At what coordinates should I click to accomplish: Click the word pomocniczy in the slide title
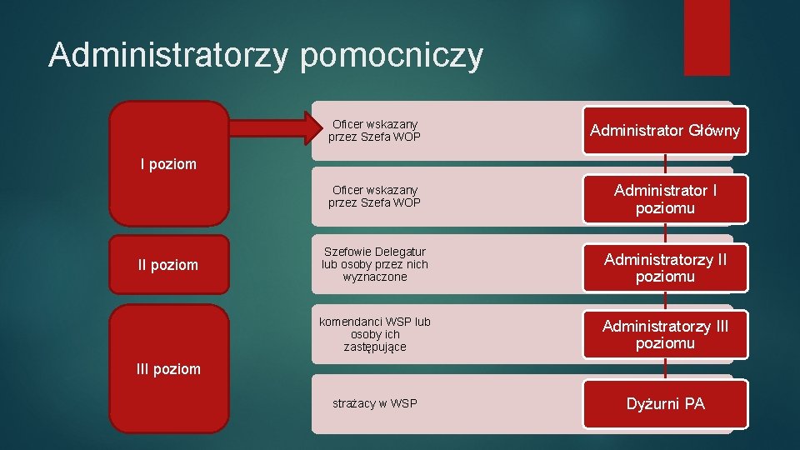(x=392, y=56)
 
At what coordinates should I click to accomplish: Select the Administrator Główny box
(x=665, y=131)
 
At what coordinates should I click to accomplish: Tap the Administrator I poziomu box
(x=665, y=199)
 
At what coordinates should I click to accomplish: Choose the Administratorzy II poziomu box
(x=665, y=267)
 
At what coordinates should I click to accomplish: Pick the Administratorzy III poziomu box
(x=665, y=334)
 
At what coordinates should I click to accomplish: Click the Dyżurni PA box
(x=665, y=404)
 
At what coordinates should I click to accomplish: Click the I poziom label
(x=168, y=164)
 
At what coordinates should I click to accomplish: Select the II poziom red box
(x=168, y=265)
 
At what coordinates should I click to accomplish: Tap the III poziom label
(x=168, y=368)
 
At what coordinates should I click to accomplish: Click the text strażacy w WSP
(x=375, y=404)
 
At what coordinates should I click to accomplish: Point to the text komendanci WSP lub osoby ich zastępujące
(x=375, y=334)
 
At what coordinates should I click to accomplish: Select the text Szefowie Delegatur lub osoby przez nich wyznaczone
(x=375, y=264)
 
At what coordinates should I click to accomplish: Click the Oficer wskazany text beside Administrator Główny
(x=375, y=130)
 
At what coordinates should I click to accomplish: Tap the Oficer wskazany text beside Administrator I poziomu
(x=375, y=197)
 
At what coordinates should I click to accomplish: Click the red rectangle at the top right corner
(x=707, y=37)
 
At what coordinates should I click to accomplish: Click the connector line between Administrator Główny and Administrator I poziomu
(x=665, y=164)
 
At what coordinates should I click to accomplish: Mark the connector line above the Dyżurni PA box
(x=665, y=371)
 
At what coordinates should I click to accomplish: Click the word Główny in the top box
(x=714, y=131)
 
